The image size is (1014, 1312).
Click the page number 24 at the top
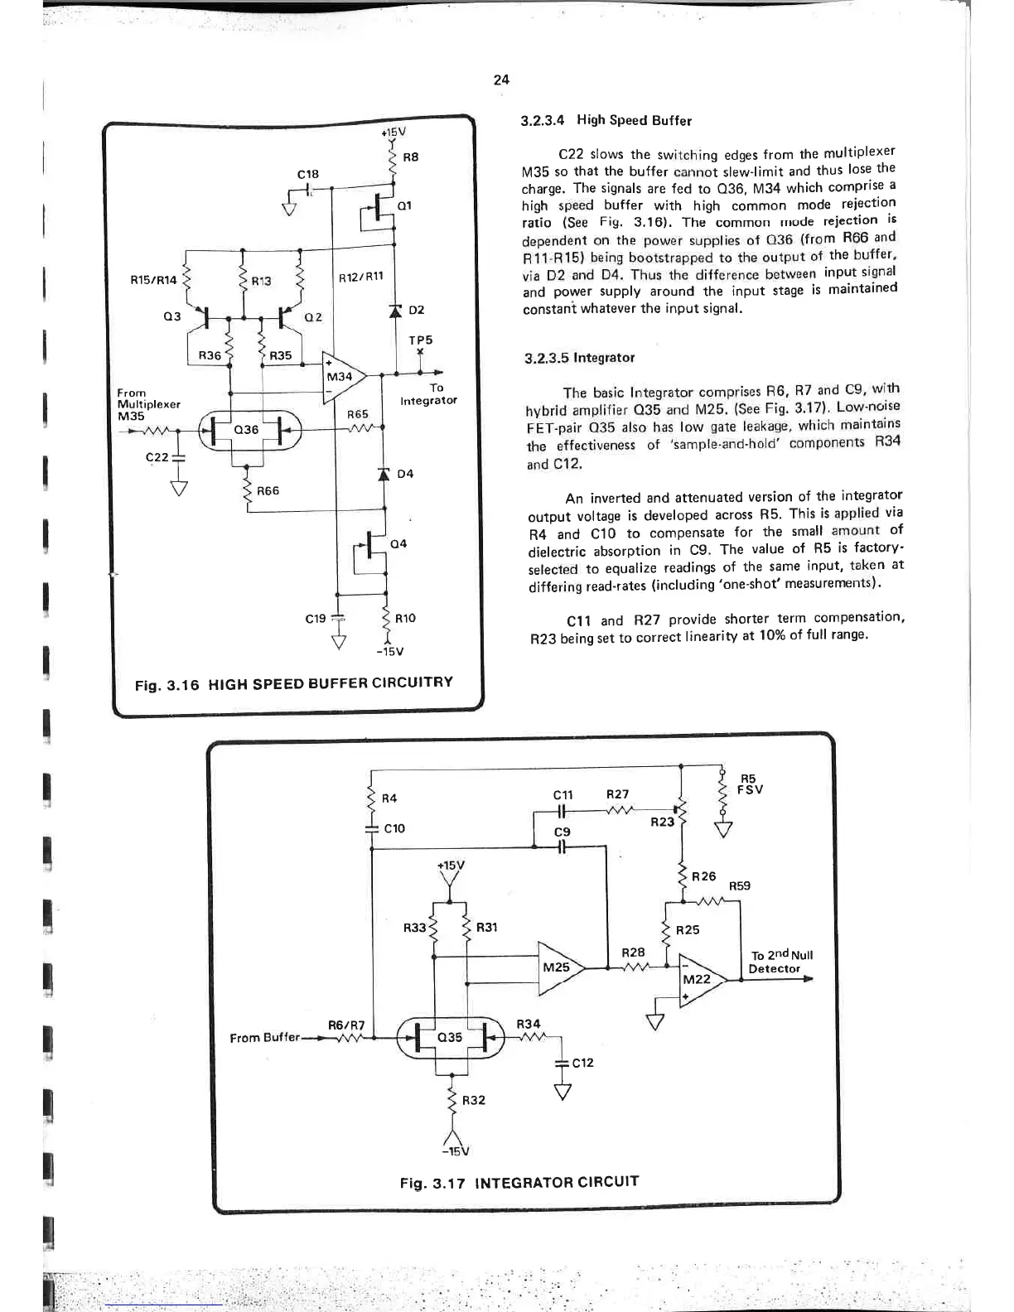click(x=501, y=80)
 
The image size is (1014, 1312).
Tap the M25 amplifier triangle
click(x=559, y=967)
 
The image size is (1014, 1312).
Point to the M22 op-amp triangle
click(x=698, y=979)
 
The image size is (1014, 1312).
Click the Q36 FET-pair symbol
click(x=247, y=430)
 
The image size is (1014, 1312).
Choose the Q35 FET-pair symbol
click(x=449, y=1037)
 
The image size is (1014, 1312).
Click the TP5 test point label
click(x=420, y=340)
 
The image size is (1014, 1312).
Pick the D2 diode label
click(x=416, y=310)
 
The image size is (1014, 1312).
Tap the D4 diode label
click(x=405, y=474)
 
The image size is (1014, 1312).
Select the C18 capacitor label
click(x=307, y=174)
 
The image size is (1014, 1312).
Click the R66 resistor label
click(x=268, y=491)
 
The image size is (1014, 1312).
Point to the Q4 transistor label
click(x=398, y=543)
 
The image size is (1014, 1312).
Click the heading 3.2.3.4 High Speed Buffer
click(x=606, y=120)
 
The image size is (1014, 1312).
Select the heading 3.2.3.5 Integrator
click(x=580, y=358)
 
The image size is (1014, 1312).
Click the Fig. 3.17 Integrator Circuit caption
click(x=519, y=1181)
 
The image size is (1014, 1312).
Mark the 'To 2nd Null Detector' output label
click(x=780, y=962)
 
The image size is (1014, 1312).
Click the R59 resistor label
click(x=740, y=885)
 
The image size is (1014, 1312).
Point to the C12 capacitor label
click(x=582, y=1063)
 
